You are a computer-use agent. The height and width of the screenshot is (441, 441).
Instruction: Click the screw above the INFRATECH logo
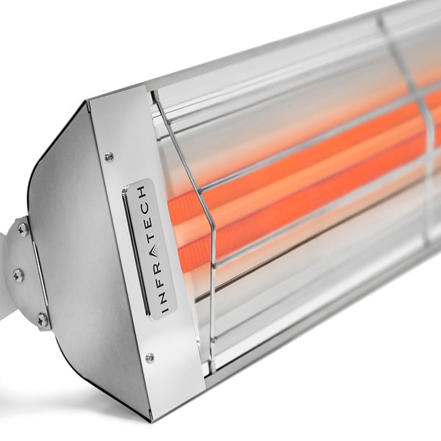[109, 157]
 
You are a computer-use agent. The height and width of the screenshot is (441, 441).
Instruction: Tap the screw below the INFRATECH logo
[150, 358]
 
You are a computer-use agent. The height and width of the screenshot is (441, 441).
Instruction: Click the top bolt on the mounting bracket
[23, 229]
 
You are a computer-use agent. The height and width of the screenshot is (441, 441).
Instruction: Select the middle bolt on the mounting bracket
[18, 275]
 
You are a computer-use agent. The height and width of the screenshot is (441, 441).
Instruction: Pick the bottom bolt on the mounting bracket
[42, 319]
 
